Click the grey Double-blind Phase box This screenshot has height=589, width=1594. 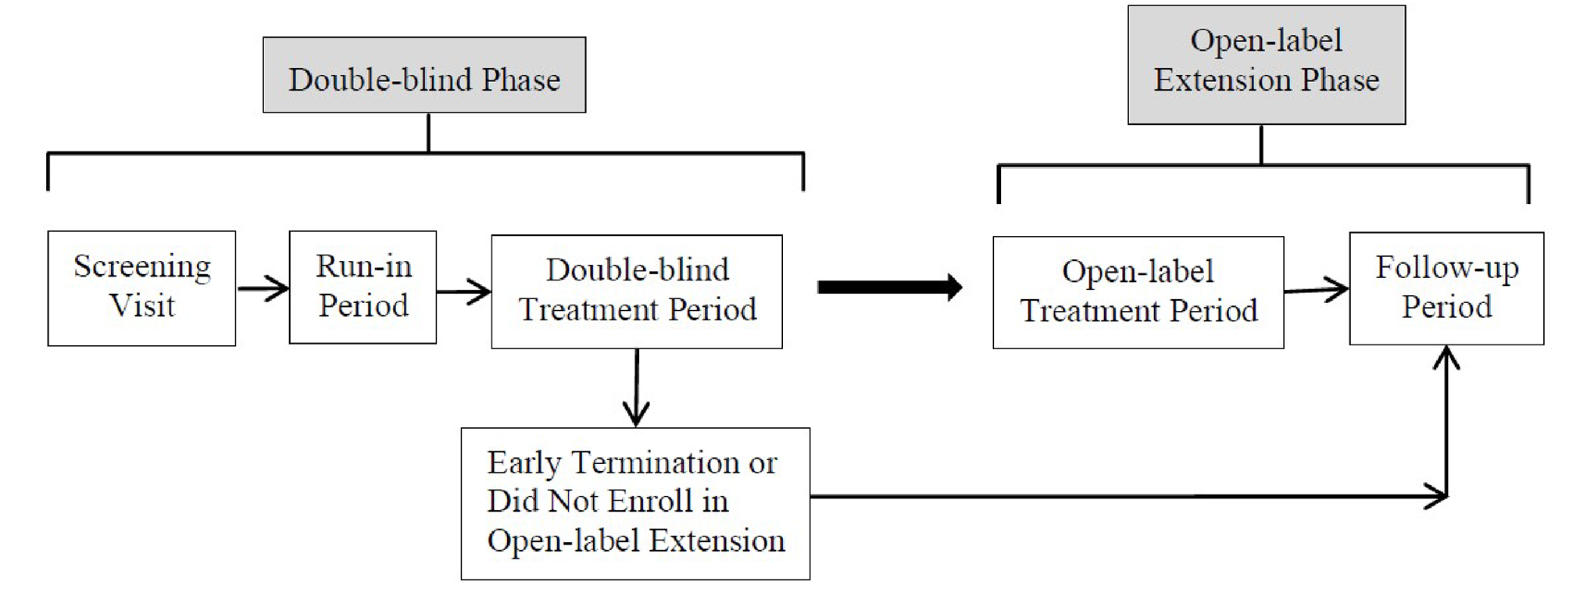coord(424,75)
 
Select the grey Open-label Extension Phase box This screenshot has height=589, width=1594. coord(1266,65)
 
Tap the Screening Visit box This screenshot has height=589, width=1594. coord(141,288)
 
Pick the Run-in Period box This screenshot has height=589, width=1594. coord(363,287)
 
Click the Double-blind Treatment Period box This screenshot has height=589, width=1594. coord(637,291)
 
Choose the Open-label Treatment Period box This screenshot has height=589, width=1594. coord(1138,292)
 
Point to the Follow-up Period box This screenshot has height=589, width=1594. coord(1446,288)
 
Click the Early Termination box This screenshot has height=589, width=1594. coord(635,503)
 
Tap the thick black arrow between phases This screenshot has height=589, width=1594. coord(888,287)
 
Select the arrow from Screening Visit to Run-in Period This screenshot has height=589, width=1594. coord(263,288)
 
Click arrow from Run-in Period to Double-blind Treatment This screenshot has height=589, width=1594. coord(463,292)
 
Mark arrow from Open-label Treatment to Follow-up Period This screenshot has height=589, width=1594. coord(1317,290)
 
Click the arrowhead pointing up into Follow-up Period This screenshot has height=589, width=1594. coord(1446,359)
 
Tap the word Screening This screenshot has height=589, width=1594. coord(142,267)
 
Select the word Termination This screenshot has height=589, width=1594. coord(656,463)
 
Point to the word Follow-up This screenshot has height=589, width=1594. coord(1446,268)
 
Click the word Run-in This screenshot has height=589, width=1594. coord(363,266)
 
